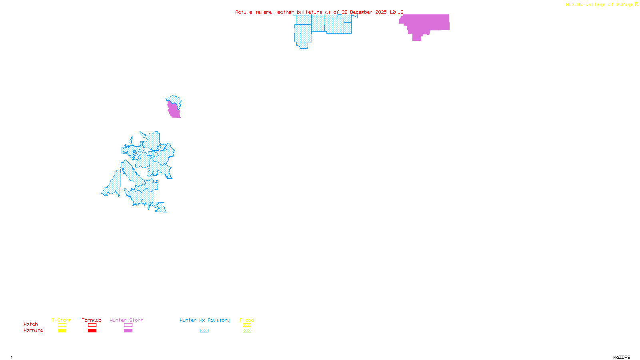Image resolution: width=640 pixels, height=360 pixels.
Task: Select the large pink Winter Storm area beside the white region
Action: (x=428, y=23)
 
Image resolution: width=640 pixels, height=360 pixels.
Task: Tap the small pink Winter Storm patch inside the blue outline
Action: (x=174, y=110)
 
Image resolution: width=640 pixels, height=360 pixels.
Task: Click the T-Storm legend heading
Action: (x=62, y=320)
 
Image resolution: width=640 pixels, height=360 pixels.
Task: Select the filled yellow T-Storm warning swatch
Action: (x=62, y=331)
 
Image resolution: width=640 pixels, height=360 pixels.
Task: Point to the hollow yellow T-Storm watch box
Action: (x=62, y=325)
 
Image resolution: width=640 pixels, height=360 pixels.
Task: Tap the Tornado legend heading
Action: (x=92, y=320)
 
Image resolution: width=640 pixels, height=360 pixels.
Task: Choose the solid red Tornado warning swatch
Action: (x=92, y=331)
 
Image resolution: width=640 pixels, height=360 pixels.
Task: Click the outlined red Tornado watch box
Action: (x=92, y=325)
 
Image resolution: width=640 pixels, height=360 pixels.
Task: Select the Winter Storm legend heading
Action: (x=126, y=320)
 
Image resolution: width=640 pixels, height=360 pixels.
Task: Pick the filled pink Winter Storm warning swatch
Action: (x=128, y=331)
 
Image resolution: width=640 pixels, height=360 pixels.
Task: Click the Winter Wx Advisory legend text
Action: (x=205, y=320)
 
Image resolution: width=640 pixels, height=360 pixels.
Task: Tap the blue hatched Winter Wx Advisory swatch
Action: (x=204, y=331)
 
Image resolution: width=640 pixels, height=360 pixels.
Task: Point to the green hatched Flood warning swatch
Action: (x=247, y=331)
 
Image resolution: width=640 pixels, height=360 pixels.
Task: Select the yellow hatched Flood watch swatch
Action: (x=247, y=325)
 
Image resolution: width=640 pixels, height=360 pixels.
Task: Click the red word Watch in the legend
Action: (x=31, y=324)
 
